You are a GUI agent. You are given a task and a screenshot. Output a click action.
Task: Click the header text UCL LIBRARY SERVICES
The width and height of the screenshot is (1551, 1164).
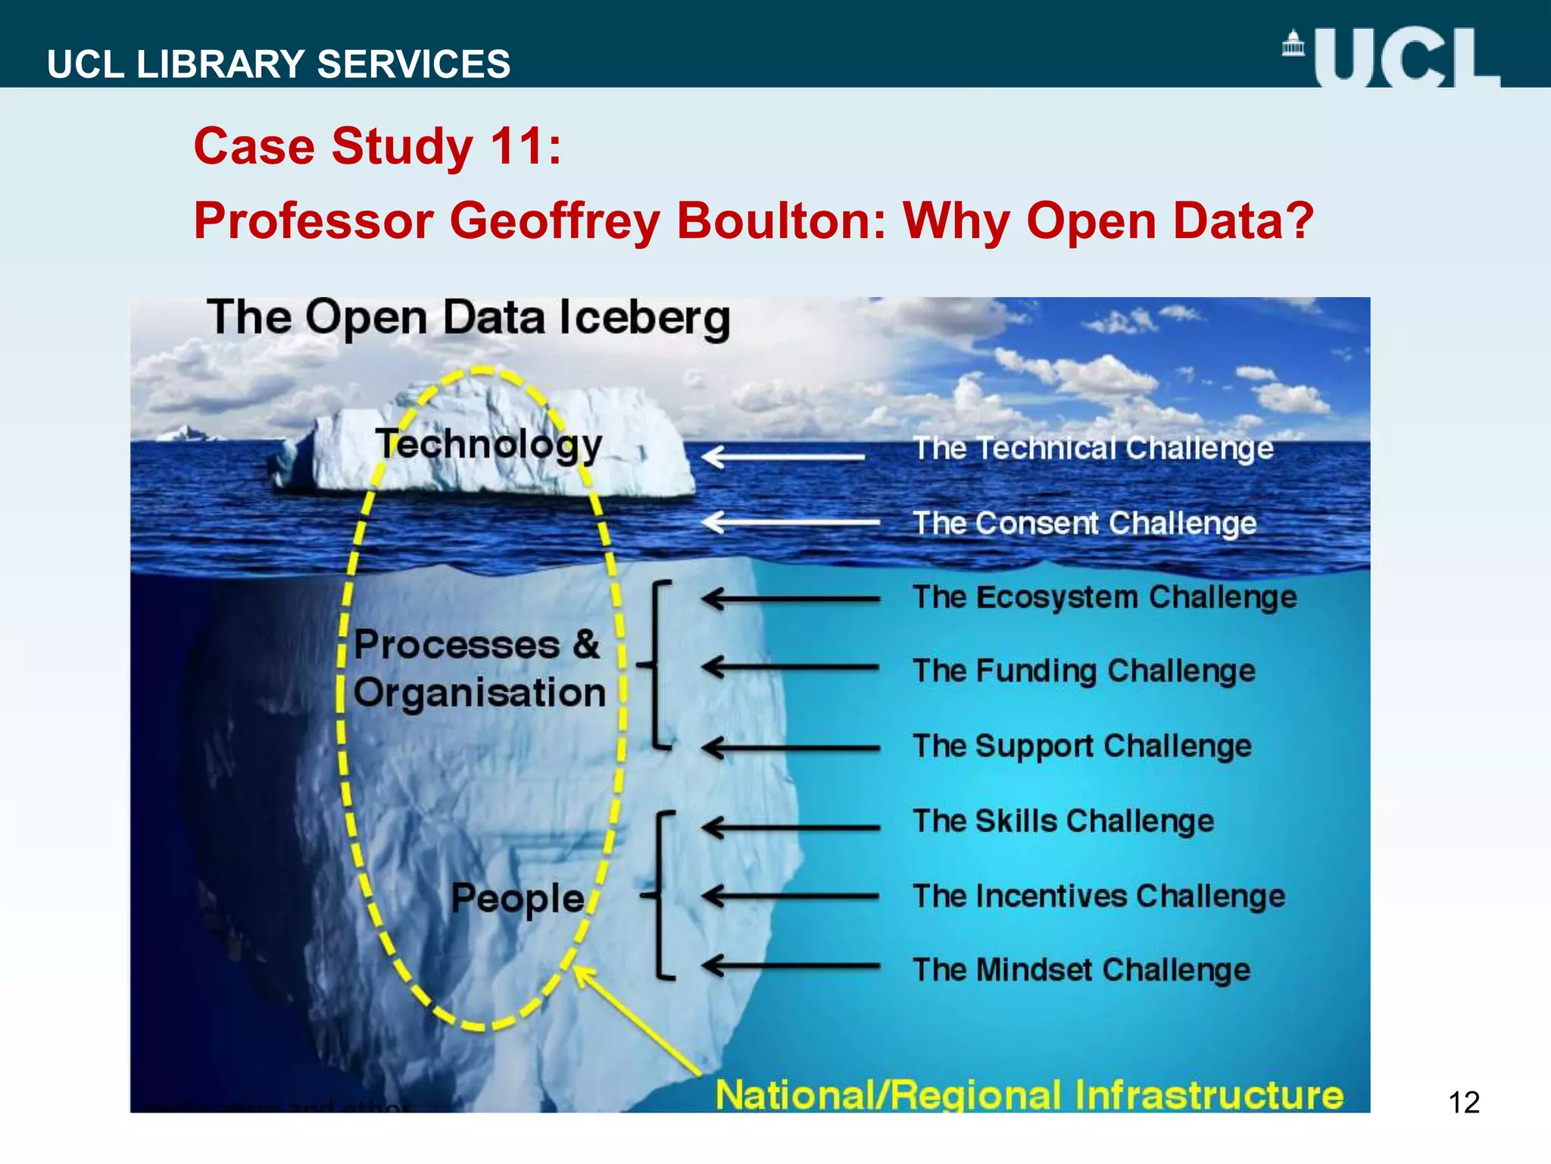[x=279, y=64]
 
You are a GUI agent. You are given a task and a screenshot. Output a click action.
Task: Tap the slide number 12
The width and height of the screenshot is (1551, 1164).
[x=1463, y=1102]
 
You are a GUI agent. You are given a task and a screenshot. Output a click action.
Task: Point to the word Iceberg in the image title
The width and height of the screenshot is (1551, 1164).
[x=644, y=318]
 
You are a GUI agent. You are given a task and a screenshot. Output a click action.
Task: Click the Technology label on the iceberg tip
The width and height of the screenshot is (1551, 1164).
[x=489, y=444]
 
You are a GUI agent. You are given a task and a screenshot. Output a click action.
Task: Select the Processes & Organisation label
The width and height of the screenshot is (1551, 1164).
[x=479, y=668]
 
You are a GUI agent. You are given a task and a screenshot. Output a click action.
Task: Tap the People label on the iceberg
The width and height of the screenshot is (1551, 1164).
[x=518, y=899]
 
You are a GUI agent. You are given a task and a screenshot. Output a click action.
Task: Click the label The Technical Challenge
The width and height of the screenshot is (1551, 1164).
[x=1093, y=448]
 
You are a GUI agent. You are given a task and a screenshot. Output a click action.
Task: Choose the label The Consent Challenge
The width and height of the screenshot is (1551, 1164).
[x=1084, y=523]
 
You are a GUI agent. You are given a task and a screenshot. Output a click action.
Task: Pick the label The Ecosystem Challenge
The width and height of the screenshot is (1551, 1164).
[x=1104, y=597]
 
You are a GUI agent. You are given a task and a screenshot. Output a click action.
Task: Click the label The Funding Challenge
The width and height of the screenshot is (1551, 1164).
[x=1084, y=671]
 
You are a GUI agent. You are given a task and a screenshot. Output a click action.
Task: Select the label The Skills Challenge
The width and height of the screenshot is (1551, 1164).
[x=1063, y=821]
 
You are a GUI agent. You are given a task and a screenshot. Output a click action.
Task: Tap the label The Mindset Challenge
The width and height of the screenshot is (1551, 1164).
[x=1081, y=970]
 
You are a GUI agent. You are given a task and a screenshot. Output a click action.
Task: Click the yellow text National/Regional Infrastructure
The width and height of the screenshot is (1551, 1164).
[x=1029, y=1095]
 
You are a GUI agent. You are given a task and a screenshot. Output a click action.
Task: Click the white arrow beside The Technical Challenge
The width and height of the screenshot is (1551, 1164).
[x=784, y=456]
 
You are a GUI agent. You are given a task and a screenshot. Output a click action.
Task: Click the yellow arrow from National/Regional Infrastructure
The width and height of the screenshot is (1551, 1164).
[x=636, y=1019]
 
